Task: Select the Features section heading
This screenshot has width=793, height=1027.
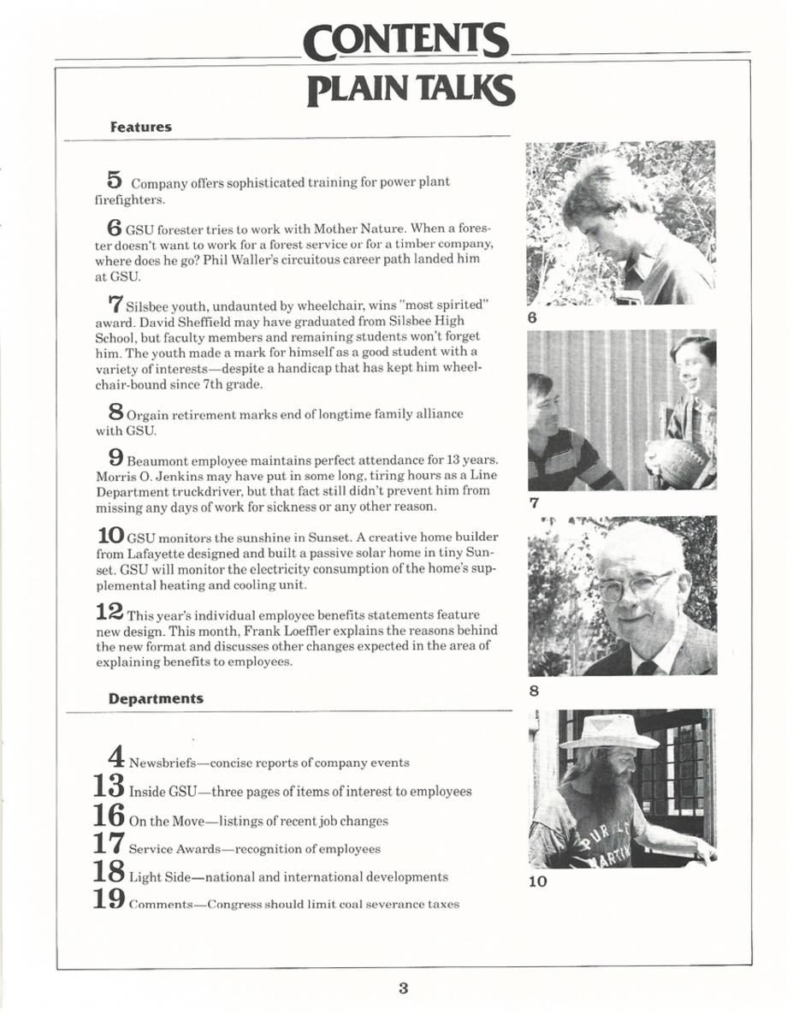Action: click(141, 127)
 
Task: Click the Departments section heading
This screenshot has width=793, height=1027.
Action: click(157, 698)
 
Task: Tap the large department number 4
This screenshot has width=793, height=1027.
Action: click(117, 757)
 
